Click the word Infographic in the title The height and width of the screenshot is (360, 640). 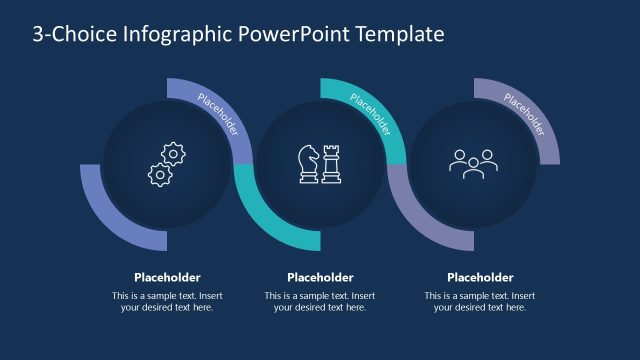coord(177,35)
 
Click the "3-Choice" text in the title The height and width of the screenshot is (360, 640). coord(72,35)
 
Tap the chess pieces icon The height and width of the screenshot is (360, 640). coord(320,164)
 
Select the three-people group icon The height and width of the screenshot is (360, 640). coord(473,162)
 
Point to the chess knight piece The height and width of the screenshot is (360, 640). coord(308,164)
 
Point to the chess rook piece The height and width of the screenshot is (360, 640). coord(331,164)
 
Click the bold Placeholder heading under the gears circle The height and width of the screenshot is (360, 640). coord(167,277)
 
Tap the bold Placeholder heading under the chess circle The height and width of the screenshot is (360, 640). coord(320,277)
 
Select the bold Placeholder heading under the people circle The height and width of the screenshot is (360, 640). coord(480,277)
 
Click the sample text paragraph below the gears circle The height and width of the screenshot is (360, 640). coord(167,301)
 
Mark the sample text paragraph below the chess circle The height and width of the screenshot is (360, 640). coord(320,301)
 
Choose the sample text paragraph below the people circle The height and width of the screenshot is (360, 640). coord(480,301)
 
